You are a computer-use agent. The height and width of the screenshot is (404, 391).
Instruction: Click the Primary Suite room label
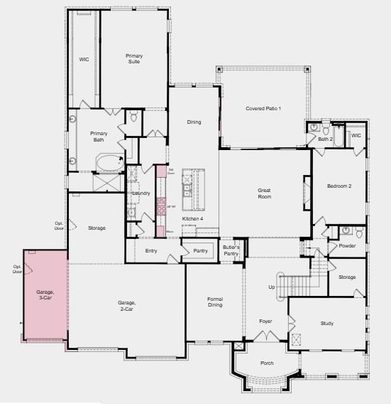pyautogui.click(x=133, y=59)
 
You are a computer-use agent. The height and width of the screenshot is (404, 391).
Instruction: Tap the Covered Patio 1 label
pyautogui.click(x=263, y=108)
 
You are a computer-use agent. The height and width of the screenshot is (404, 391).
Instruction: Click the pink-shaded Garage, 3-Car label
pyautogui.click(x=45, y=296)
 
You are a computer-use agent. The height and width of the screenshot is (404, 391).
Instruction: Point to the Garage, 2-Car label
pyautogui.click(x=126, y=306)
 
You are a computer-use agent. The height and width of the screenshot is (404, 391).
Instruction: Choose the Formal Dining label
pyautogui.click(x=215, y=302)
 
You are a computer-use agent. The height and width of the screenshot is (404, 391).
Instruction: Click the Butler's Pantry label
pyautogui.click(x=231, y=250)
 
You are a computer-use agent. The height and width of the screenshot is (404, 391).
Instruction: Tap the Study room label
pyautogui.click(x=326, y=324)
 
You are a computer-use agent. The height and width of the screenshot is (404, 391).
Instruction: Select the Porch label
pyautogui.click(x=267, y=363)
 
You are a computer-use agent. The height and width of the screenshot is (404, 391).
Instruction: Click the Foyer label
pyautogui.click(x=265, y=321)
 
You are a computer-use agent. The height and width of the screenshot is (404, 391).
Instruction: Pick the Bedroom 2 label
pyautogui.click(x=339, y=186)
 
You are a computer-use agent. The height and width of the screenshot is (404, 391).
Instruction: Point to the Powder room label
pyautogui.click(x=347, y=246)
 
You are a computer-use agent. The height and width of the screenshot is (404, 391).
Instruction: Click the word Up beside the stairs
pyautogui.click(x=270, y=287)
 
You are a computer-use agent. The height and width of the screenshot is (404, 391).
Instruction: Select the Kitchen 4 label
pyautogui.click(x=192, y=218)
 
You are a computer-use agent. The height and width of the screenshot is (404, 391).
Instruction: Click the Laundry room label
pyautogui.click(x=141, y=193)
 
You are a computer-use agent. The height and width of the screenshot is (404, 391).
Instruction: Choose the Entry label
pyautogui.click(x=151, y=250)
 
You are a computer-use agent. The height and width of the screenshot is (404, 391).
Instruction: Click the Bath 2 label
pyautogui.click(x=325, y=139)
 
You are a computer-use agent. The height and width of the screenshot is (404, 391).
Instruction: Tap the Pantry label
pyautogui.click(x=200, y=250)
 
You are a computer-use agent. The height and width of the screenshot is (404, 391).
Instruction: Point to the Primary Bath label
pyautogui.click(x=99, y=137)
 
